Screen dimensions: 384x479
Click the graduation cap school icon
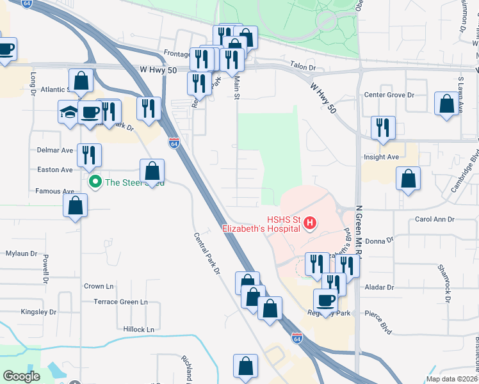click(x=69, y=111)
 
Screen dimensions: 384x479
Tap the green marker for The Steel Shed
click(x=95, y=182)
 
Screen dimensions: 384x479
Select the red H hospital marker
click(x=310, y=223)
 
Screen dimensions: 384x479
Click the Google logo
click(x=22, y=376)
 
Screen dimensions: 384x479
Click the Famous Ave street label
click(x=55, y=191)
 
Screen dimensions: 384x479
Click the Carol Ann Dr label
click(x=435, y=219)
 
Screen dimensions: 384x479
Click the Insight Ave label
click(x=381, y=157)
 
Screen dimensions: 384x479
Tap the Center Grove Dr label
click(x=389, y=95)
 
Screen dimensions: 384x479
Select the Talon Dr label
click(x=303, y=67)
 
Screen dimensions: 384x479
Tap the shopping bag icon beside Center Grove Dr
click(x=446, y=104)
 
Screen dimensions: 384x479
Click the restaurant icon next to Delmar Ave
click(x=89, y=155)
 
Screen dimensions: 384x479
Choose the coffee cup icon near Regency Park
click(x=325, y=300)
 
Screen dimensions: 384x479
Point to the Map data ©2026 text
click(x=451, y=379)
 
